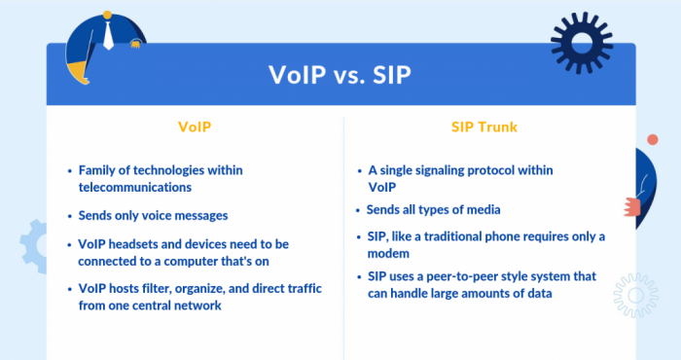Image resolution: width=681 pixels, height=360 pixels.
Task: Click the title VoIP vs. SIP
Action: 340,75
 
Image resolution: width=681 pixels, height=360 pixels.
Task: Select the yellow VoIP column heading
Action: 195,126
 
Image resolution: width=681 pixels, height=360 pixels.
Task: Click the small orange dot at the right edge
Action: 652,140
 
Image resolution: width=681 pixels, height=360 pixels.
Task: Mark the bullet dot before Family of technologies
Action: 68,170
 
